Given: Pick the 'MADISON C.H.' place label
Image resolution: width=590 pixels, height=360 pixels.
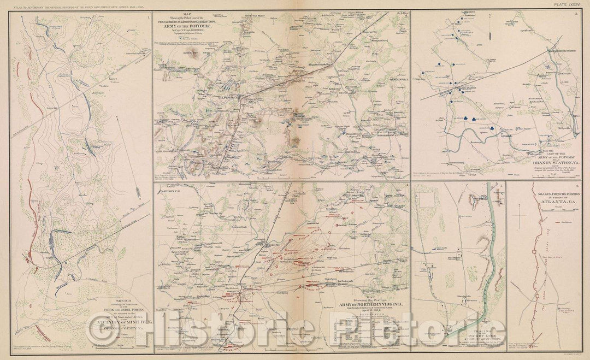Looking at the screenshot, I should click(173, 191).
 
